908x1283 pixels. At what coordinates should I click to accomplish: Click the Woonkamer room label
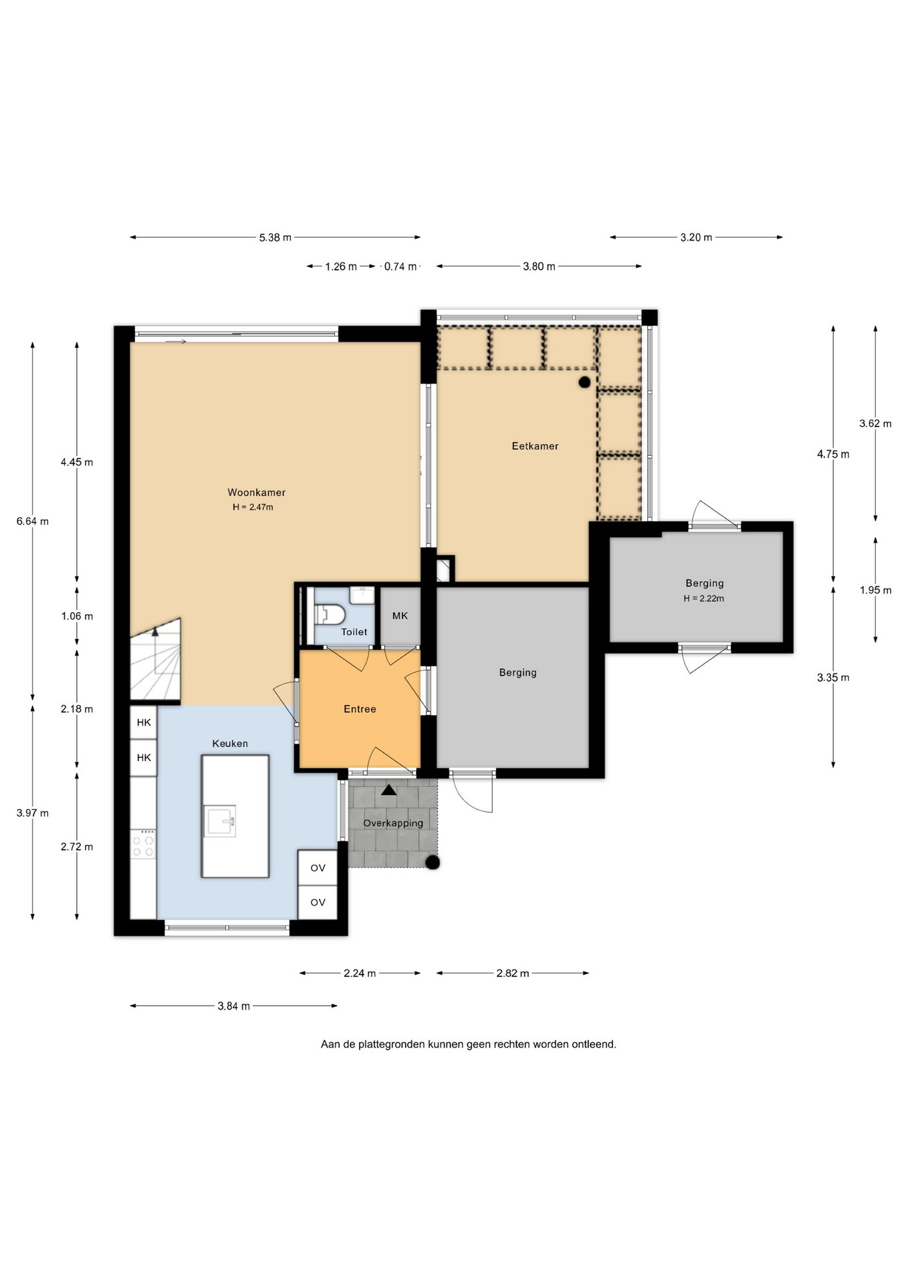click(256, 492)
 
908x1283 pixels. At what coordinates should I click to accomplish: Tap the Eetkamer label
click(535, 446)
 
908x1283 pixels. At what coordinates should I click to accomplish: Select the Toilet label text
click(354, 632)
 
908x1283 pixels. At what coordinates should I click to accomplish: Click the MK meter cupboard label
click(400, 616)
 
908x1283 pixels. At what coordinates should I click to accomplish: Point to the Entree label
click(360, 709)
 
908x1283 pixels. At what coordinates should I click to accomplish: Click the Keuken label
click(230, 744)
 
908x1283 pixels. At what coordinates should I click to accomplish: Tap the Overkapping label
click(393, 823)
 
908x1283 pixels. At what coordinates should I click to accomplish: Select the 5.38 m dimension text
click(275, 237)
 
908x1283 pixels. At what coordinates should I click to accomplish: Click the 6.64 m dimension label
click(33, 521)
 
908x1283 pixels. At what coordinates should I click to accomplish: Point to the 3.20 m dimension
click(696, 237)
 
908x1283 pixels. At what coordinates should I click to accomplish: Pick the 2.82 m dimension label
click(513, 974)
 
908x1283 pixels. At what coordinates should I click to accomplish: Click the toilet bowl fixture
click(330, 614)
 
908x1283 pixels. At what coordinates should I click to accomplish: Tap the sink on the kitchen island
click(220, 821)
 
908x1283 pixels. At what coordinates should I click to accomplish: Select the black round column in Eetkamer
click(584, 382)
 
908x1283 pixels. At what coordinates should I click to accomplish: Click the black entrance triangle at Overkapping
click(388, 790)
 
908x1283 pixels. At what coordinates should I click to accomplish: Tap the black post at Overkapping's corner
click(433, 863)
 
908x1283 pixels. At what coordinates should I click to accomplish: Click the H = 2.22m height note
click(703, 599)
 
